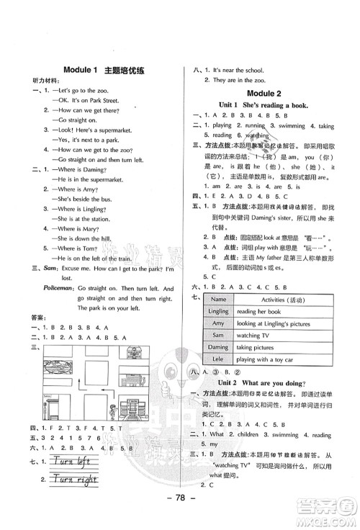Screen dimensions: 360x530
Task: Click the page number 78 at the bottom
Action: (x=179, y=516)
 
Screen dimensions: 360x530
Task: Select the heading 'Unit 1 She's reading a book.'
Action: (x=262, y=105)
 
